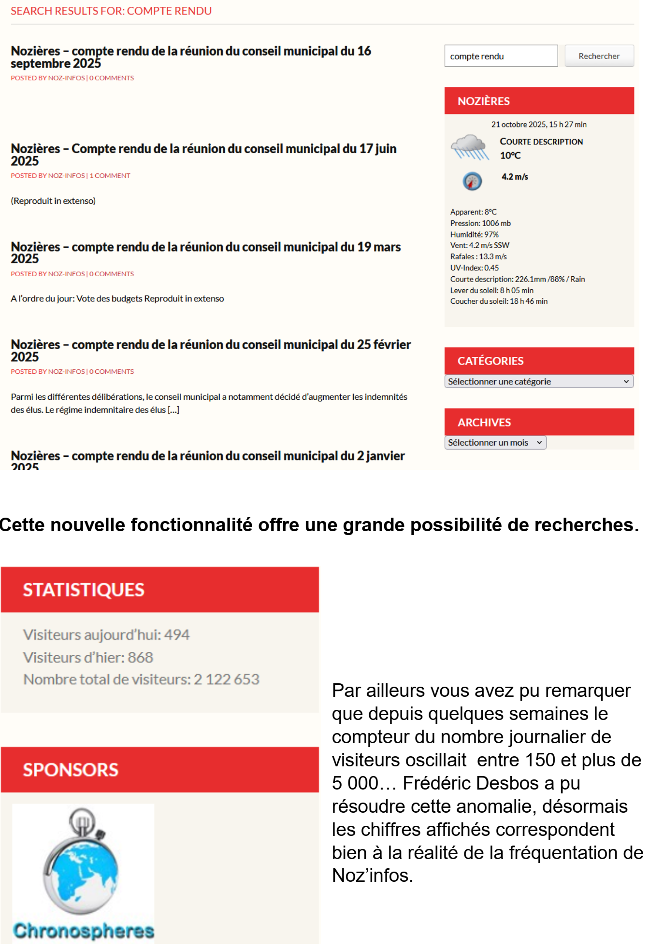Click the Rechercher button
click(x=599, y=56)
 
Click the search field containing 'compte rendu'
click(x=501, y=56)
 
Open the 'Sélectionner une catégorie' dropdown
click(x=538, y=381)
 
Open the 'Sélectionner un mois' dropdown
click(x=495, y=442)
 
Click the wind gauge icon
click(x=472, y=181)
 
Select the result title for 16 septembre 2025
click(x=190, y=57)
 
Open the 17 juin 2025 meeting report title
click(x=203, y=155)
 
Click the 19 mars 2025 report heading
click(x=205, y=253)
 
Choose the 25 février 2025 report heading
click(x=210, y=350)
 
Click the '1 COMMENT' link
click(x=110, y=176)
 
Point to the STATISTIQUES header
click(x=159, y=590)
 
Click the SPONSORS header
click(x=159, y=770)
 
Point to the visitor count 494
click(x=177, y=635)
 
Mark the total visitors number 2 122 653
click(x=227, y=679)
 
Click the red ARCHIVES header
click(x=539, y=422)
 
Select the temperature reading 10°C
click(x=510, y=155)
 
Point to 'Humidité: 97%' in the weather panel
click(x=474, y=235)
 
